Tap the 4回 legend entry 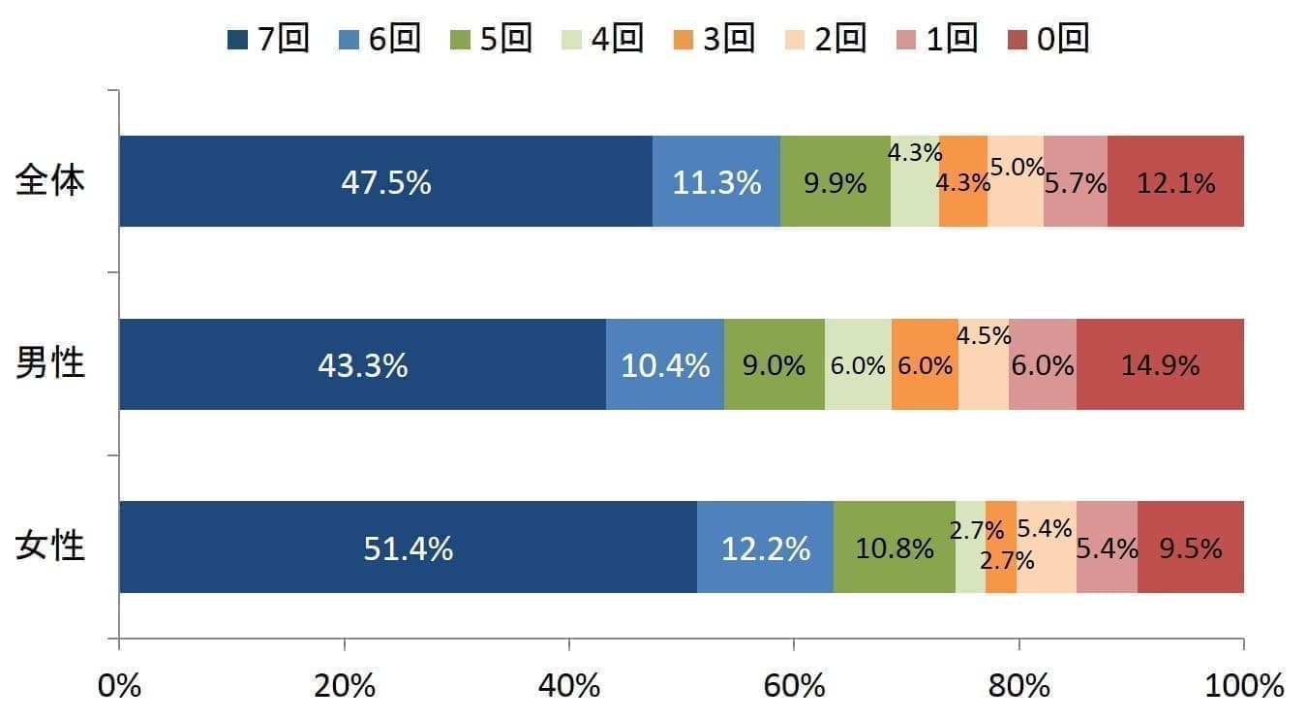tap(602, 40)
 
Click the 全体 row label tap(50, 181)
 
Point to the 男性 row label tap(50, 364)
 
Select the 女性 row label tap(50, 547)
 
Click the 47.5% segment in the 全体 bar tap(385, 181)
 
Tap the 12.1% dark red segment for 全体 tap(1175, 181)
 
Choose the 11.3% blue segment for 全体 tap(716, 181)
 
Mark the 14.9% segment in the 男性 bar tap(1160, 364)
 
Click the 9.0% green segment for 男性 tap(775, 364)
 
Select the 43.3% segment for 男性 tap(362, 364)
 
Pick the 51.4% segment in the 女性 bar tap(408, 547)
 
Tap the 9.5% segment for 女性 tap(1190, 547)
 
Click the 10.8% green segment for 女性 tap(894, 547)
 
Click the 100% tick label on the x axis tap(1243, 686)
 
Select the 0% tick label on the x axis tap(119, 686)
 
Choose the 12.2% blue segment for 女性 tap(765, 547)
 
